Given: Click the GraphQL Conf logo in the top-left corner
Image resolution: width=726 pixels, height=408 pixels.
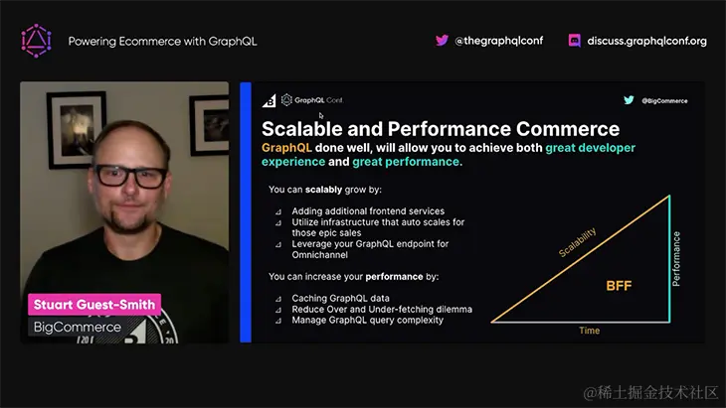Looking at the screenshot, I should click(36, 41).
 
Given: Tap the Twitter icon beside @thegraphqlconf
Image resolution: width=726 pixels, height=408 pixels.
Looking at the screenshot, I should click(442, 41).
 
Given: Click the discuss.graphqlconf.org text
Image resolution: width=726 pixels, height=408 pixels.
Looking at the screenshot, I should click(646, 41).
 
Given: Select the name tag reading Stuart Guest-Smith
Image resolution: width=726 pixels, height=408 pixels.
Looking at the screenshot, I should click(95, 305).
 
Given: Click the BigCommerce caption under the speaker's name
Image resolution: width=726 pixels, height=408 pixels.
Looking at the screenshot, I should click(78, 327).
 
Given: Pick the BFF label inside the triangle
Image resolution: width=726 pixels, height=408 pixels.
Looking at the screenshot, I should click(620, 286).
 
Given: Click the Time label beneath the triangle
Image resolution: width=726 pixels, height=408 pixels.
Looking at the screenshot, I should click(590, 331).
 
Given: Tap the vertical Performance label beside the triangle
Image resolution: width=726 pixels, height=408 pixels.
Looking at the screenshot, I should click(676, 259).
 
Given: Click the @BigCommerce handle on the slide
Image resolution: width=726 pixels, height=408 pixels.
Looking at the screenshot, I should click(664, 100).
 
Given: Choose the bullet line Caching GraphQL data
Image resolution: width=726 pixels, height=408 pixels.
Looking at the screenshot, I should click(340, 297).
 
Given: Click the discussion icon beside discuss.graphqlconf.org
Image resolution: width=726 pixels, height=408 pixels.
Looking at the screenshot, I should click(574, 41).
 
